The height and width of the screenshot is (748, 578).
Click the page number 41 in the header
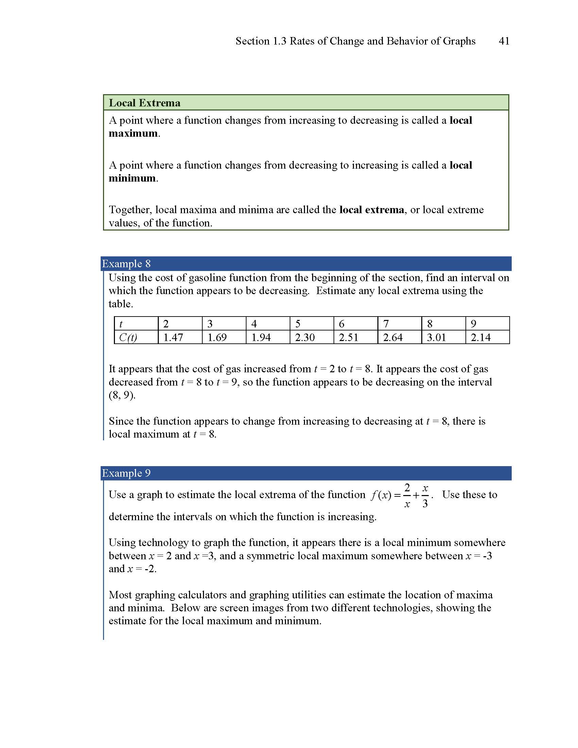504,41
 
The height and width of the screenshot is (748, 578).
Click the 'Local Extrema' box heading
144,103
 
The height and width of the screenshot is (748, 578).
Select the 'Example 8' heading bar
306,264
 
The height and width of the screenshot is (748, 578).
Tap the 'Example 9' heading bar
306,473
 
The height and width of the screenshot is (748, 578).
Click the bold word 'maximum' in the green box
133,133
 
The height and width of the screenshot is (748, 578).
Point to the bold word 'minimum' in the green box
132,178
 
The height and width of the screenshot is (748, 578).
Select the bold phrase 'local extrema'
372,209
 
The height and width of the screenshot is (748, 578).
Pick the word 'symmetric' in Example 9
270,556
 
